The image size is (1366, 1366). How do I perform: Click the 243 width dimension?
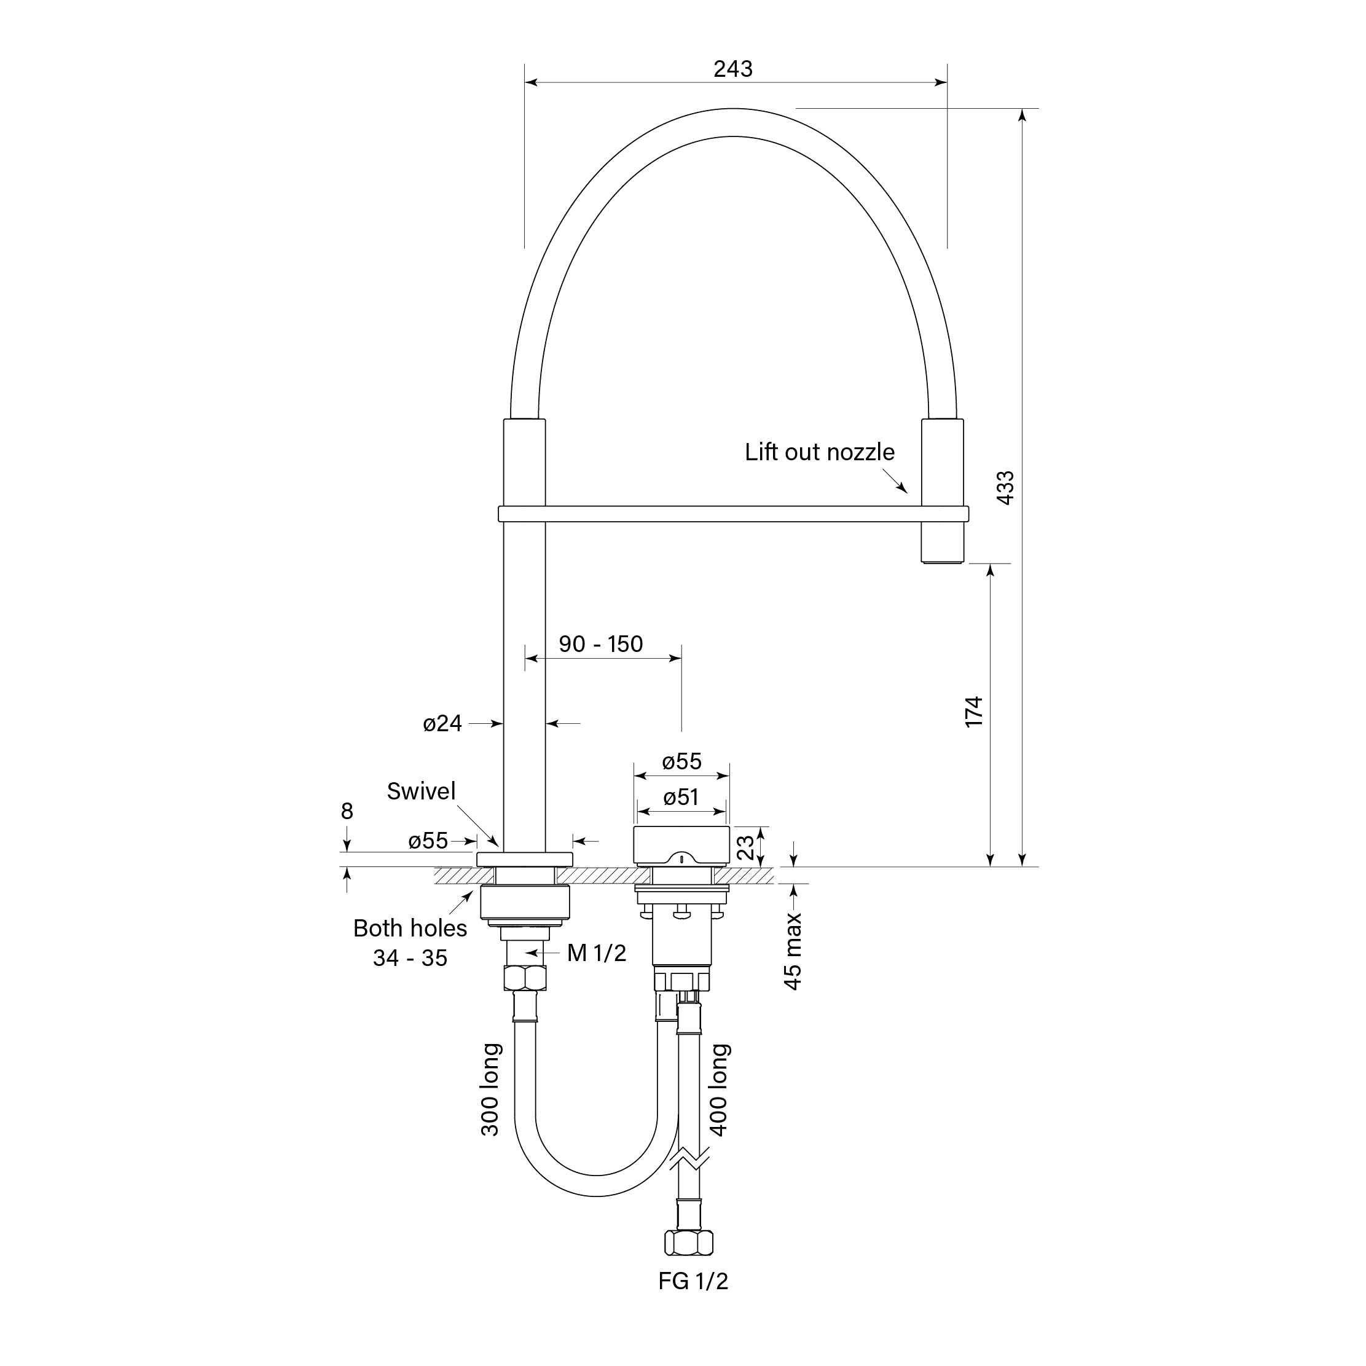tap(732, 69)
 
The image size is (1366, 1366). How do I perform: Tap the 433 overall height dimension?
tap(1005, 487)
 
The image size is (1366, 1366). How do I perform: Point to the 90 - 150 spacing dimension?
tap(600, 644)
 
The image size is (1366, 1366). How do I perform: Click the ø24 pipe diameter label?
tap(442, 723)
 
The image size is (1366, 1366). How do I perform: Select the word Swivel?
tap(421, 791)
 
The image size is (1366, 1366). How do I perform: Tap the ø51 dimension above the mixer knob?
tap(681, 798)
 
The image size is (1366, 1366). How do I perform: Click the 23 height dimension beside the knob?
tap(746, 846)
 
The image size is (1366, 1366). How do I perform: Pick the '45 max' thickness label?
tap(793, 951)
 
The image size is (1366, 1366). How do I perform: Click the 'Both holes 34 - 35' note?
tap(410, 943)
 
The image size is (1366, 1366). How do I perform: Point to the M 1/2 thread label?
tap(596, 953)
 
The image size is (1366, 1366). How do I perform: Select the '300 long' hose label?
tap(490, 1089)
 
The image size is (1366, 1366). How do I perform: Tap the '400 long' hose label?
tap(718, 1089)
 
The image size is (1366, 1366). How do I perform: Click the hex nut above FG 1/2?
tap(689, 1242)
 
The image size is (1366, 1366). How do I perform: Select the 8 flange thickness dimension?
tap(347, 811)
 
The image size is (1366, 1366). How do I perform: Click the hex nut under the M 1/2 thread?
tap(525, 978)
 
